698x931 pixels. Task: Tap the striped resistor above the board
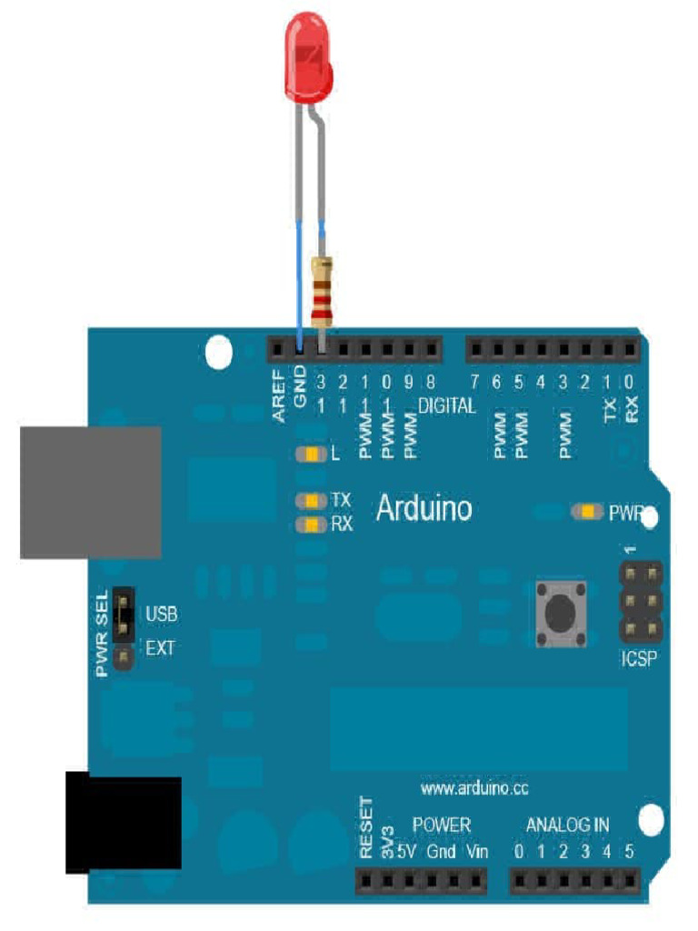[320, 290]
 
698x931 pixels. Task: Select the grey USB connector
[91, 492]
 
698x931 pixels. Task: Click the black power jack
[123, 822]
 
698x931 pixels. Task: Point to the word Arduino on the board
[424, 508]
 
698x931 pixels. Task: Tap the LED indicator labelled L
[312, 453]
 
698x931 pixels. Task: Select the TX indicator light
[312, 500]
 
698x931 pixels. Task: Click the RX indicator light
[312, 525]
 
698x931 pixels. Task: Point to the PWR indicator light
[588, 512]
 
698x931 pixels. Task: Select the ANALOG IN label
[568, 825]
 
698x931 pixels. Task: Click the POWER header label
[442, 825]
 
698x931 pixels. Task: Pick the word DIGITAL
[446, 405]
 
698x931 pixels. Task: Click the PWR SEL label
[102, 632]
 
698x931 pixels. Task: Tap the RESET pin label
[367, 829]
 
